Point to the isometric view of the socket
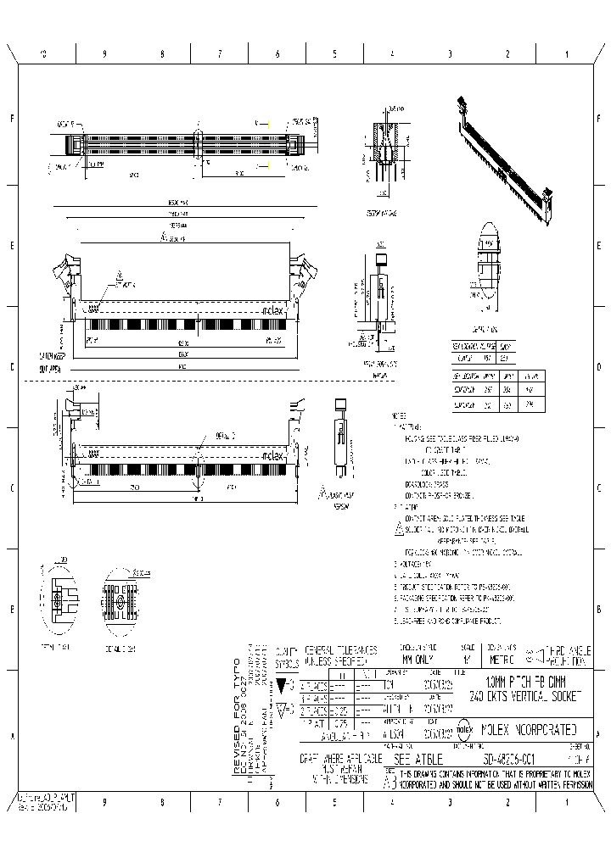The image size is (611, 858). (x=507, y=161)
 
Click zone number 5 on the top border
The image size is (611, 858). (x=334, y=53)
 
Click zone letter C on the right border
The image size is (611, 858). (x=600, y=489)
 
